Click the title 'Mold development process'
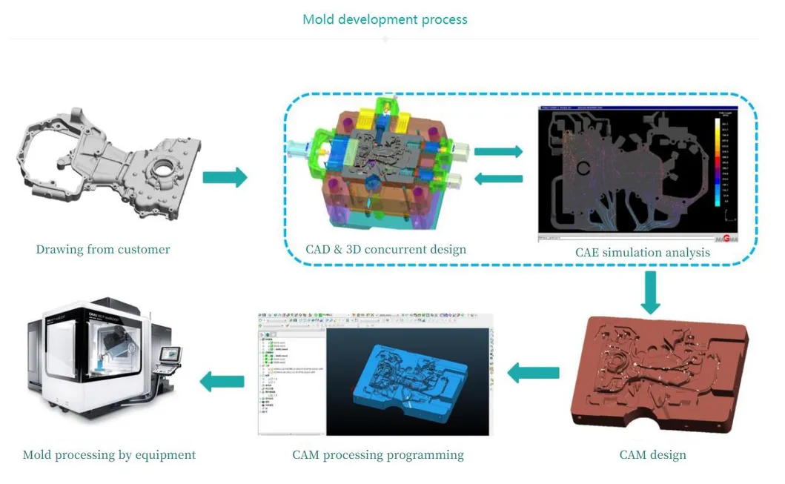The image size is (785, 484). tap(385, 19)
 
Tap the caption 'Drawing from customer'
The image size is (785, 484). tap(103, 249)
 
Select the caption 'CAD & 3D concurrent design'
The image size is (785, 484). tap(385, 249)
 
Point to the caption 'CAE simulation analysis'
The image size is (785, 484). tap(642, 252)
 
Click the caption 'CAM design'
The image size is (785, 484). tap(652, 454)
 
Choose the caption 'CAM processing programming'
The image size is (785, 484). tap(378, 454)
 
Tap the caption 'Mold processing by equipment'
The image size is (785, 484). tap(109, 454)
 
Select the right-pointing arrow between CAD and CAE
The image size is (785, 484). tap(498, 152)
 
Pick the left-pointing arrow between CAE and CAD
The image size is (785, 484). tap(498, 179)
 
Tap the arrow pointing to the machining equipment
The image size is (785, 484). tap(222, 382)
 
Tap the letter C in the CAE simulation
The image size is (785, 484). tap(583, 168)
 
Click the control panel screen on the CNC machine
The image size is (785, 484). tap(171, 356)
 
